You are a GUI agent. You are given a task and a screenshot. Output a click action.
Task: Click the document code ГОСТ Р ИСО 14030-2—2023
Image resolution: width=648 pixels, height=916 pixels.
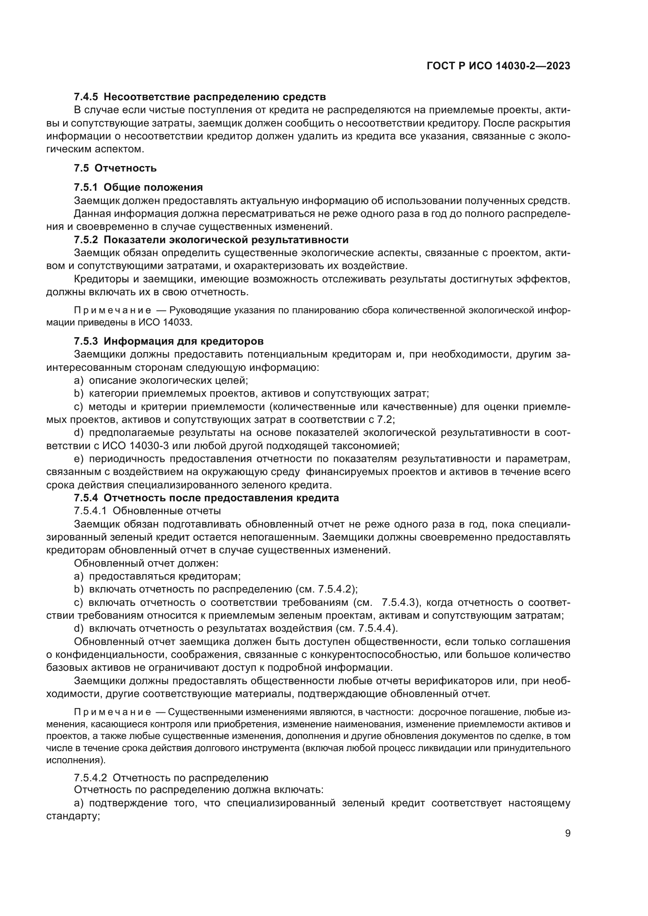[x=498, y=66]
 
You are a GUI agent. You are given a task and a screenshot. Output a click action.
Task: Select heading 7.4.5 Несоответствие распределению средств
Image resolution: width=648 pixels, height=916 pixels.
[x=199, y=97]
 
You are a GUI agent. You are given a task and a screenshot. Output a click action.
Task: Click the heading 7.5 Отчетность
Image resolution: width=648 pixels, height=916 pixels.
[x=115, y=168]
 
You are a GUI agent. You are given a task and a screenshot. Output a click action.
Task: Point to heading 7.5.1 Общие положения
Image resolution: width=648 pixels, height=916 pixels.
[x=138, y=187]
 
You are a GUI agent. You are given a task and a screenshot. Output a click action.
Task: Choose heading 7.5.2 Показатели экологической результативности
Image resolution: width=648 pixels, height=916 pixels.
[x=211, y=240]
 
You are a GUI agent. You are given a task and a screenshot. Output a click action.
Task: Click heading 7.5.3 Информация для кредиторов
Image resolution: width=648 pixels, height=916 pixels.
[x=168, y=341]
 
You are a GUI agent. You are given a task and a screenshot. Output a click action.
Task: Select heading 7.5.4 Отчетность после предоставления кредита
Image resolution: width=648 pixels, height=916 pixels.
[x=206, y=498]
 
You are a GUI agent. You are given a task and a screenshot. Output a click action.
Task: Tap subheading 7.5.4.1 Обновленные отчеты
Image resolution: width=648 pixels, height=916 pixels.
[x=147, y=511]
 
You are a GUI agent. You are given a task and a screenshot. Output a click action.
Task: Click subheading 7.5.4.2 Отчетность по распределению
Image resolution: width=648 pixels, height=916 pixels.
[x=171, y=778]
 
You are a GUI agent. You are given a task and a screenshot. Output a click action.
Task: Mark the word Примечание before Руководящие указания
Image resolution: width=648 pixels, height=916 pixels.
[x=112, y=311]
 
